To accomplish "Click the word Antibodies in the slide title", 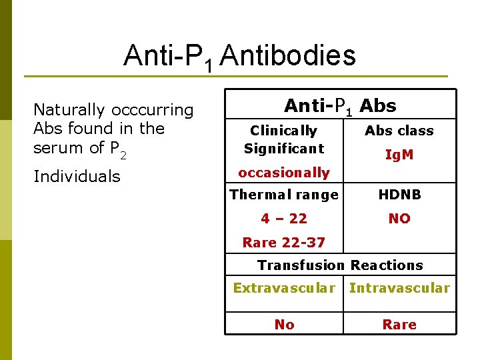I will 287,56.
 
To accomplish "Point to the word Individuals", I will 77,177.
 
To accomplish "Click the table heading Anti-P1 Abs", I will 340,106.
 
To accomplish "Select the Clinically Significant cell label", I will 283,139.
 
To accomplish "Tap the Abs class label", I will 399,131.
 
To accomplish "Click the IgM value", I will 399,155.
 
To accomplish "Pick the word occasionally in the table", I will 284,173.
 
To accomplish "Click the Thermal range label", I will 284,195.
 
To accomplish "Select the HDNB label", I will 399,195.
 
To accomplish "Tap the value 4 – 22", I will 284,219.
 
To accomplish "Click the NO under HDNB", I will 399,219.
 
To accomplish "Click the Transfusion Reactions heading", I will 340,265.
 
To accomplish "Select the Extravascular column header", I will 284,288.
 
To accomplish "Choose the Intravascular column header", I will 399,288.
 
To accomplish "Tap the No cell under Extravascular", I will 284,325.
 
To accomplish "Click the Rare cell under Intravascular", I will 399,325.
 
